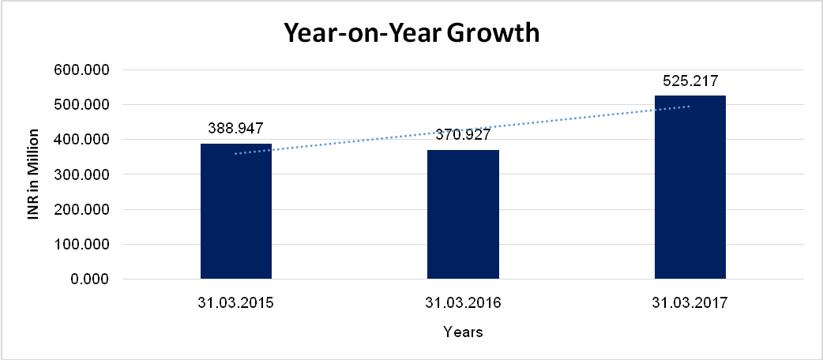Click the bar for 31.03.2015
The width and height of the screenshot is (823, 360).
[x=236, y=212]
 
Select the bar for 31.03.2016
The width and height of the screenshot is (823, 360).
[x=463, y=215]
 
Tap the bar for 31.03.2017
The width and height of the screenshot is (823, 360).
[x=690, y=188]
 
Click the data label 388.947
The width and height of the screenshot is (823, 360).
[x=235, y=127]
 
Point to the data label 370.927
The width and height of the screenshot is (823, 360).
[x=463, y=135]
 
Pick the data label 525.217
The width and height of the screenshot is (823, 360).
[x=690, y=81]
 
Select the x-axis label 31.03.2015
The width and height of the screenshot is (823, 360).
[x=235, y=302]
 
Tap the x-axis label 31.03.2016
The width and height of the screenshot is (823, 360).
[x=463, y=302]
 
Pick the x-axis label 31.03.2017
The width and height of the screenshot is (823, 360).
[x=690, y=302]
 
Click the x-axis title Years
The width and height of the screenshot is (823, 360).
[x=463, y=332]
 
